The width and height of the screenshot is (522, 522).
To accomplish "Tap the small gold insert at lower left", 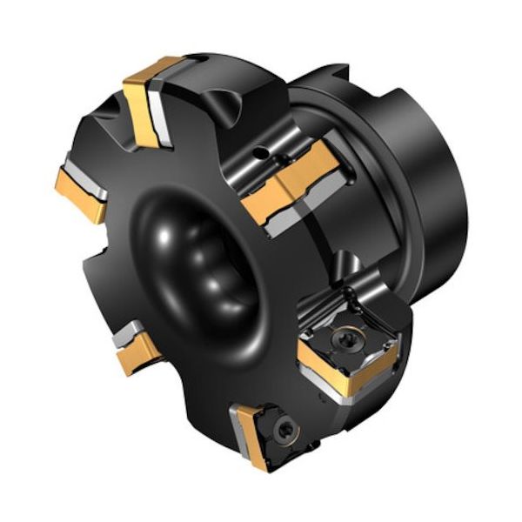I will (140, 350).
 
